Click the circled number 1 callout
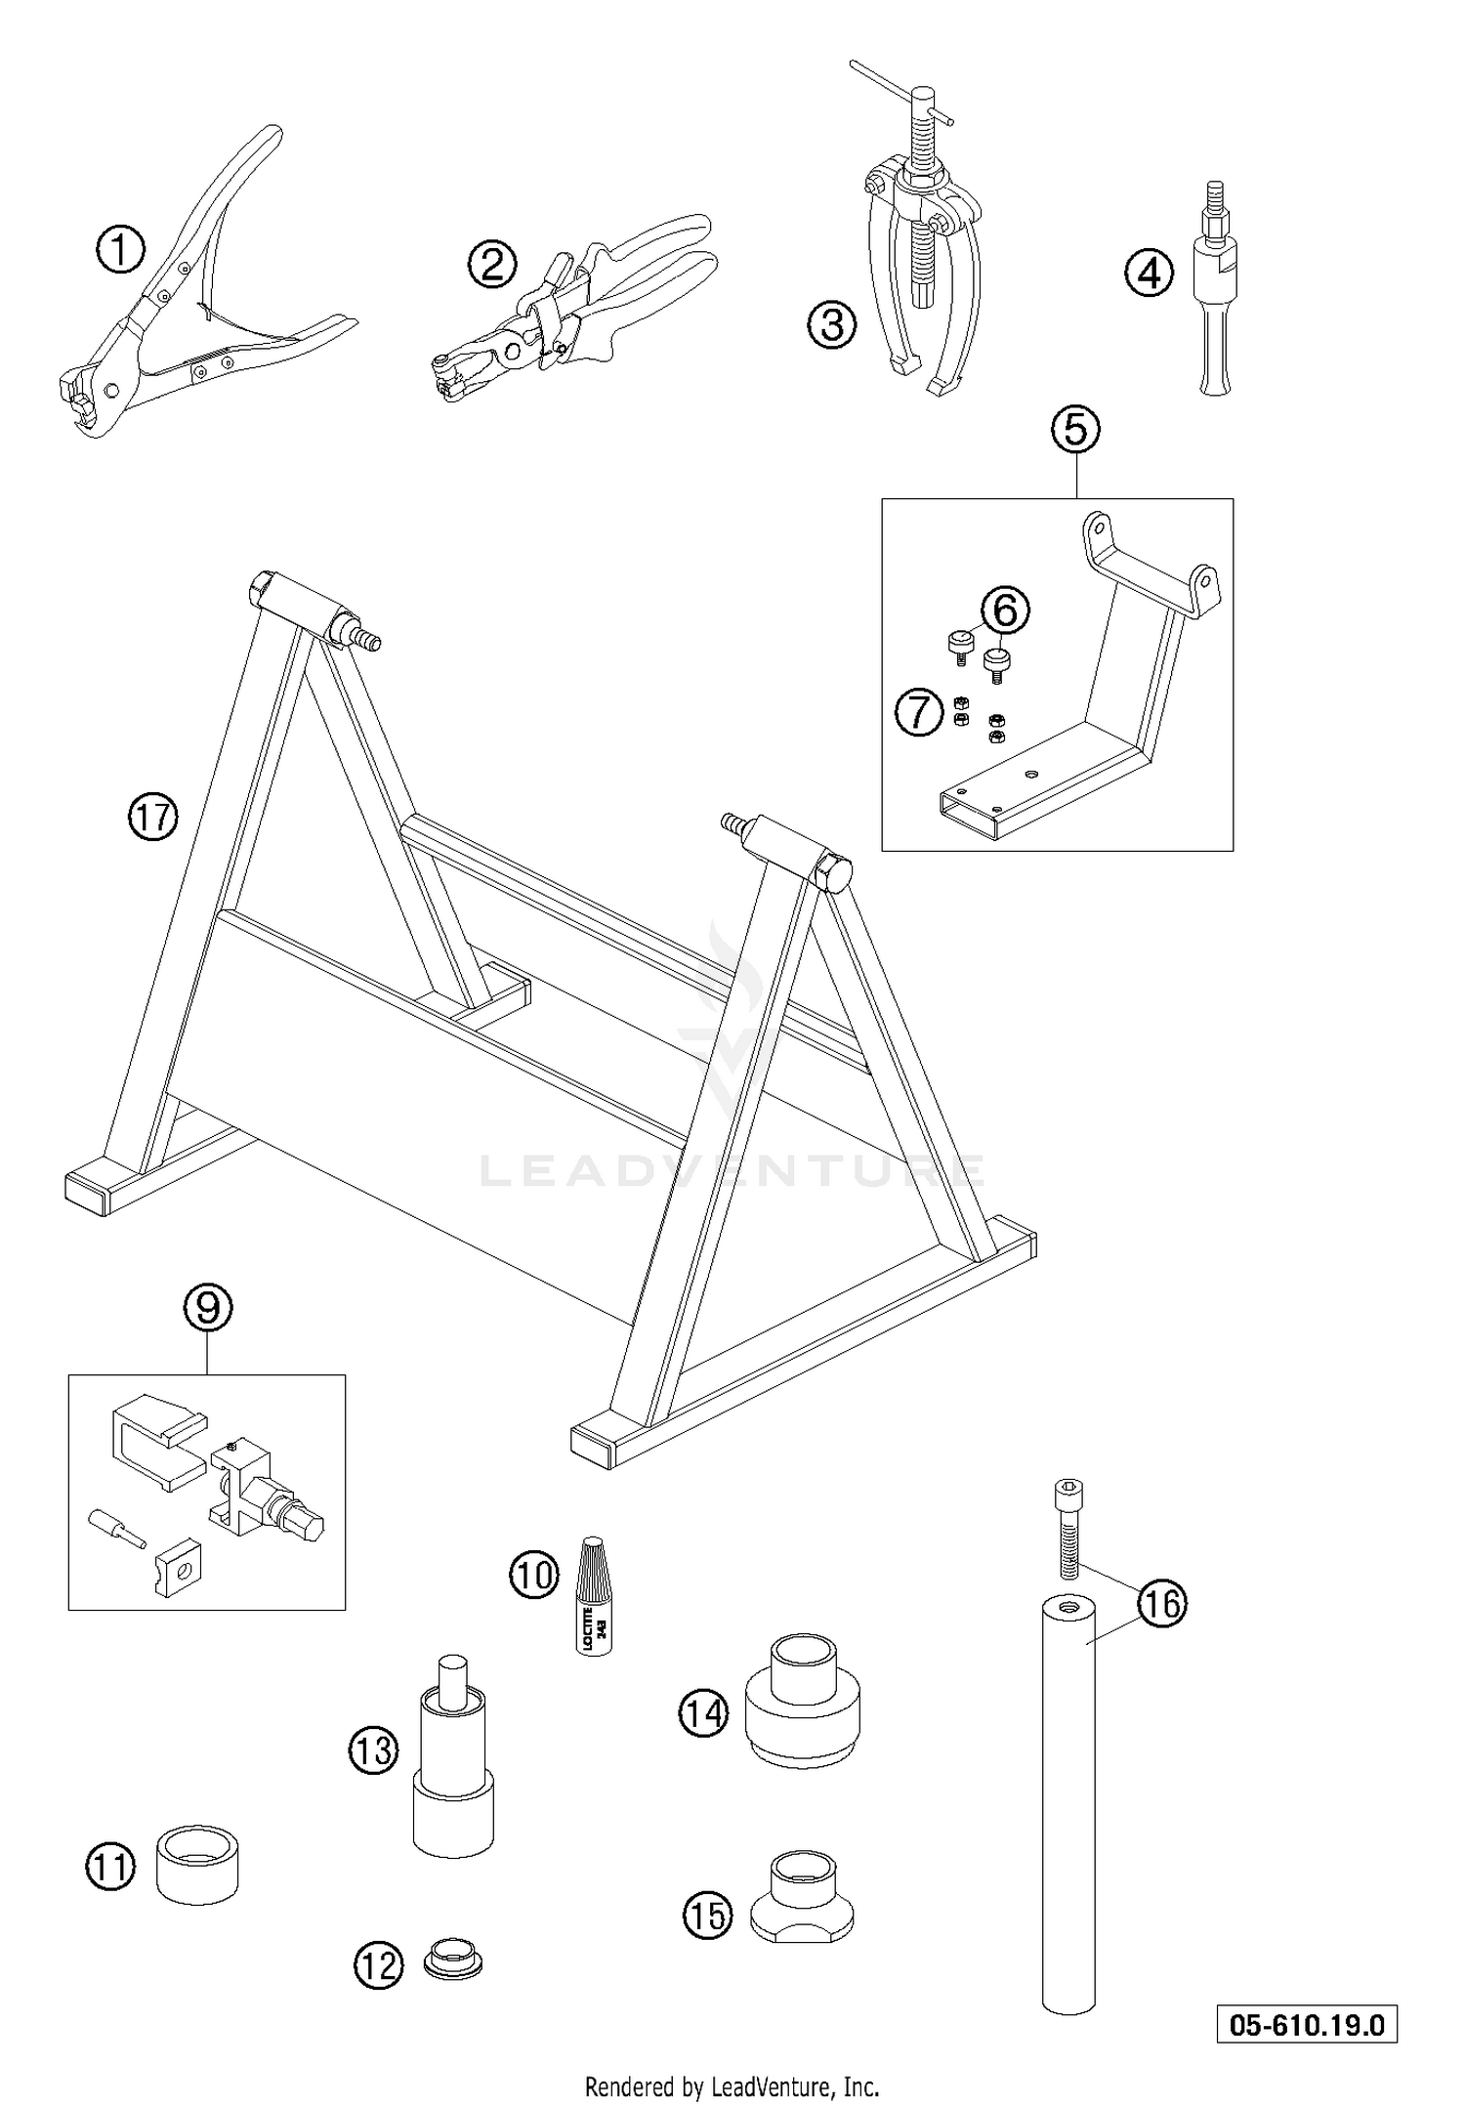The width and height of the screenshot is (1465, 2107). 120,251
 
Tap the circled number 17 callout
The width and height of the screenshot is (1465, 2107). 153,817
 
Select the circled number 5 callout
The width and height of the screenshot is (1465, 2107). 1075,429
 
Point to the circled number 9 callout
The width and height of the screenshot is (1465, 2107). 208,1308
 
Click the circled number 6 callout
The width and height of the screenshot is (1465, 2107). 1006,611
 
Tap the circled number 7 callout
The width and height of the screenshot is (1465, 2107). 920,713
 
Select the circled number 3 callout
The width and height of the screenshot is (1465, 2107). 831,324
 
